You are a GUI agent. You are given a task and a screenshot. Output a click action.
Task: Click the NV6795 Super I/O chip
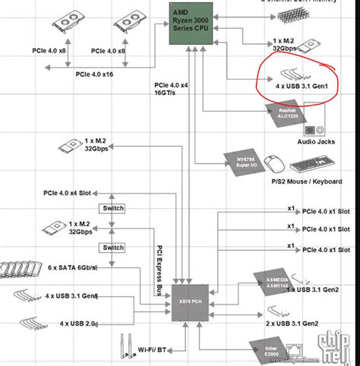pos(241,159)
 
